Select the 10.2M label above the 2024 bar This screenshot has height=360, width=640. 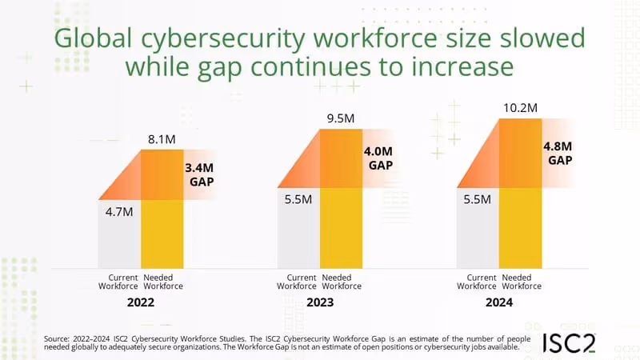click(x=521, y=106)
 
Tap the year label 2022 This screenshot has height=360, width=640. click(x=140, y=303)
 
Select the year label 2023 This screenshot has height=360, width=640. click(x=319, y=303)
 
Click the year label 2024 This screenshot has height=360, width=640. click(x=498, y=303)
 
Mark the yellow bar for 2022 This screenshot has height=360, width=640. click(x=162, y=232)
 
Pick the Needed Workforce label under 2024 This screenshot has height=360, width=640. click(x=521, y=282)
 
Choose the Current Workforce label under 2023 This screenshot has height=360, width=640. click(x=297, y=282)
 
